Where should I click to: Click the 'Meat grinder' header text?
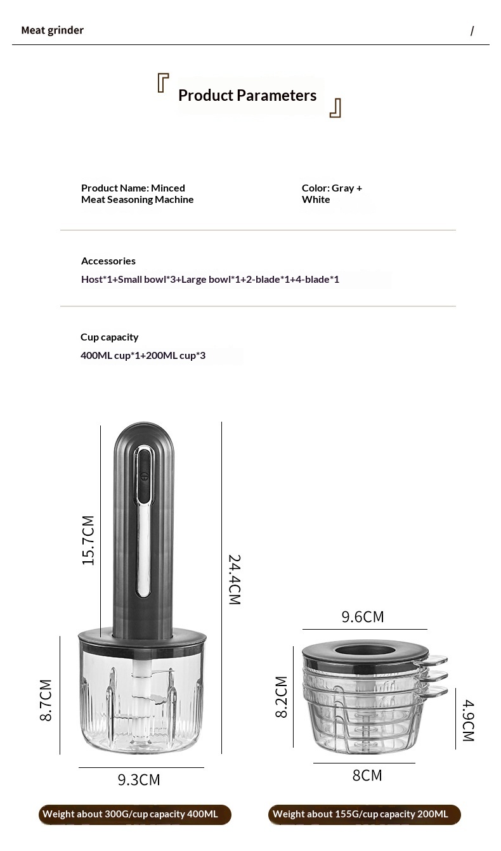click(x=52, y=30)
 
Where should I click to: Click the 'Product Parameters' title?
click(x=247, y=96)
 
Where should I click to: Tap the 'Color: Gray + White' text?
click(x=331, y=194)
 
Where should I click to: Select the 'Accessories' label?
click(x=108, y=261)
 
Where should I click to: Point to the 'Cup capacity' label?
click(x=109, y=337)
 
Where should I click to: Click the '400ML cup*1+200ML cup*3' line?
click(x=143, y=356)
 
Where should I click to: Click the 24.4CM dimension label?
click(x=234, y=580)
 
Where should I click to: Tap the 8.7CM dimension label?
click(x=46, y=699)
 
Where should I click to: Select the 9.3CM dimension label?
click(x=138, y=779)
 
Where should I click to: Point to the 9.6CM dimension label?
click(x=362, y=617)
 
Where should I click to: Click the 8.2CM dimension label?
click(x=281, y=696)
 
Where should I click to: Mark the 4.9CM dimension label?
click(x=467, y=720)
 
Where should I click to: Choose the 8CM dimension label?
click(x=367, y=776)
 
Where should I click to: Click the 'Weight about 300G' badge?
click(x=134, y=815)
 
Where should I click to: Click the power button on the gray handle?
click(x=144, y=475)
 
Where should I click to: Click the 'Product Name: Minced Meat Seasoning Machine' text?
click(x=137, y=194)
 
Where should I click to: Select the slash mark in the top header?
click(x=472, y=31)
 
